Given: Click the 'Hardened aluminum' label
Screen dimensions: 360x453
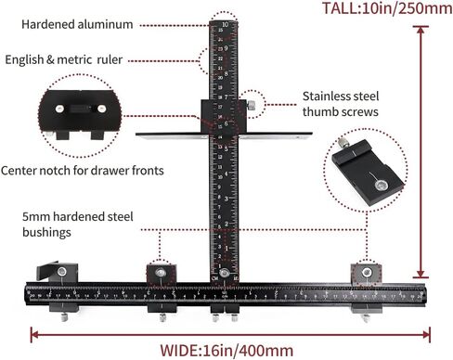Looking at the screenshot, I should click(76, 24).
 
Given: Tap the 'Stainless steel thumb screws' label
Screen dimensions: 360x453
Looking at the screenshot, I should click(340, 103).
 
